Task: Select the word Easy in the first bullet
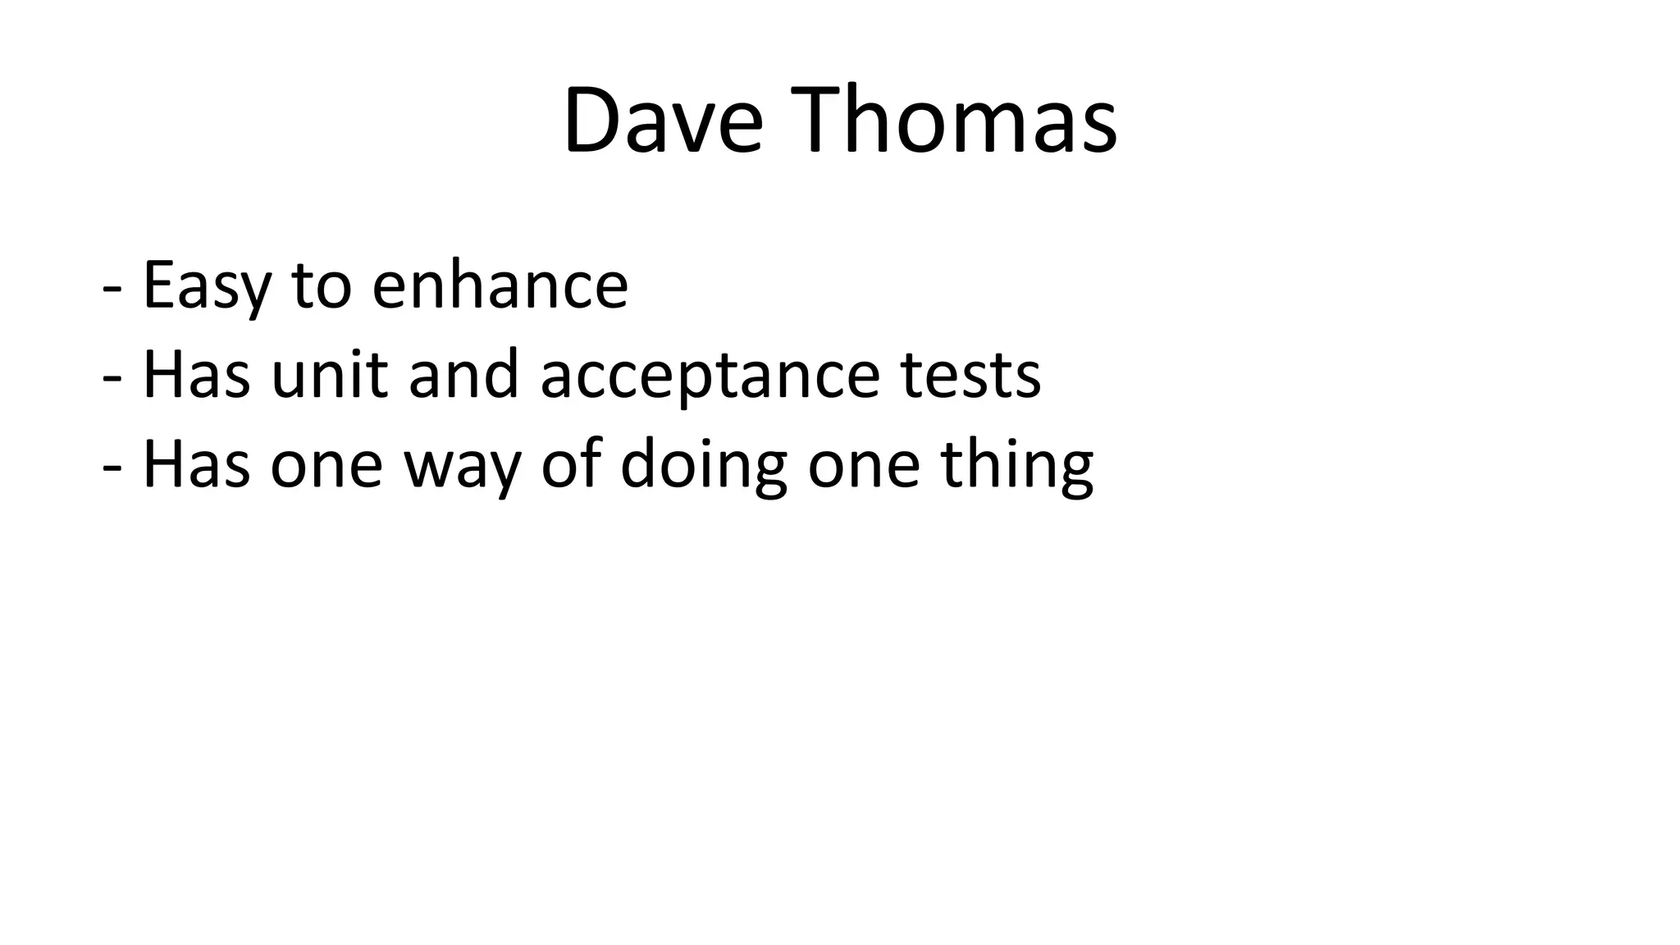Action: [x=206, y=285]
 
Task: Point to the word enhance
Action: [x=500, y=285]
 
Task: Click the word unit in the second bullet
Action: [x=328, y=375]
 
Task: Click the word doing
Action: [x=703, y=466]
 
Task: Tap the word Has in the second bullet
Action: [x=196, y=375]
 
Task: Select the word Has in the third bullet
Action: [x=196, y=464]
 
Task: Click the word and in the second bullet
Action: [x=463, y=375]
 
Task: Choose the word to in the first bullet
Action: [x=321, y=285]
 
